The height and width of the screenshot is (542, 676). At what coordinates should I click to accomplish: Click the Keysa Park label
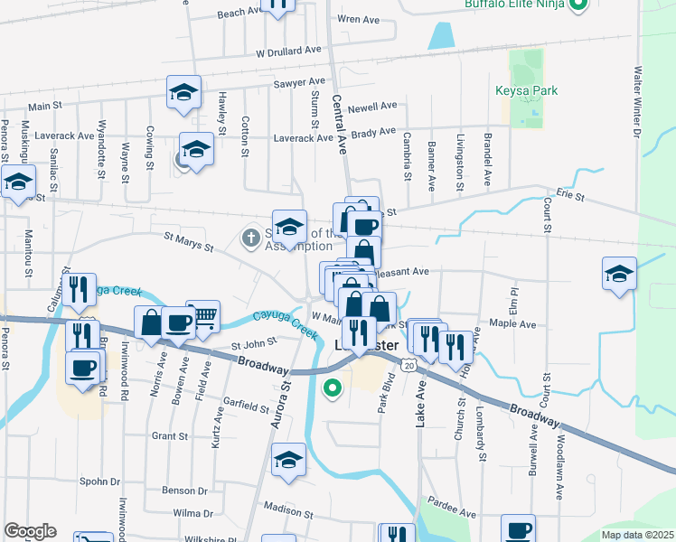coord(526,90)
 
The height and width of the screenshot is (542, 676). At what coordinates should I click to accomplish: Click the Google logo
coord(30,531)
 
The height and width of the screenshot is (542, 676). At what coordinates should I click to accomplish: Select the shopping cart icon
coord(203,314)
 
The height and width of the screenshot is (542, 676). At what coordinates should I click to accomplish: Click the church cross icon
coord(250,238)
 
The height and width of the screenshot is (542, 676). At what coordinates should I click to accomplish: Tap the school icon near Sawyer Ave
coord(183,92)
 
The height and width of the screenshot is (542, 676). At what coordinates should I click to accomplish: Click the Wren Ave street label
coord(358,19)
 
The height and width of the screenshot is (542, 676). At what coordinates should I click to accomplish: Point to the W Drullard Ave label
coord(289,51)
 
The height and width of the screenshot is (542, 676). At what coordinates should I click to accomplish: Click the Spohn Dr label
coord(99,481)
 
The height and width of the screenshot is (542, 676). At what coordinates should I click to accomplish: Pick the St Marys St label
coord(188,242)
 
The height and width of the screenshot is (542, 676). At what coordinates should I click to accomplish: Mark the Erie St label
coord(571,196)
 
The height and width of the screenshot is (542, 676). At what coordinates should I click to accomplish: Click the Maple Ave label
coord(512,323)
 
